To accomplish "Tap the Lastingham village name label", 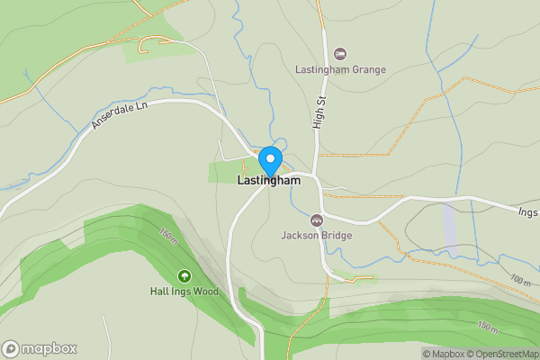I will point(269,181).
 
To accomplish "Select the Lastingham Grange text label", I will point(340,69).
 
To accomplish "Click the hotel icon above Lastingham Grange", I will point(339,54).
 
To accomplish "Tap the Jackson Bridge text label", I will point(316,236).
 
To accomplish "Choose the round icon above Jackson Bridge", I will point(316,220).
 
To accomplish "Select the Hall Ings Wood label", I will point(184,292).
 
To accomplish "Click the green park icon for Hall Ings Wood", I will point(184,276).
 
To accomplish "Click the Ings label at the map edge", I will point(527,212).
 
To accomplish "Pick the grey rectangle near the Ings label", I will point(449,225).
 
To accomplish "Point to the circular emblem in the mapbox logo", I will point(11,349).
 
